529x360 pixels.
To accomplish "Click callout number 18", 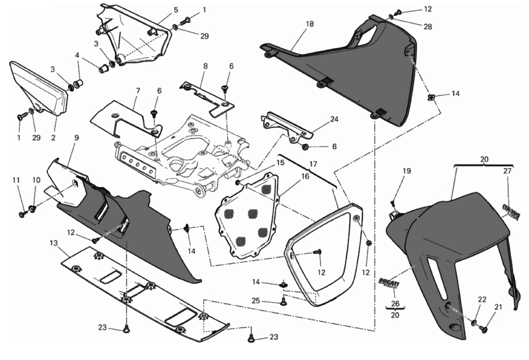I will [310, 24].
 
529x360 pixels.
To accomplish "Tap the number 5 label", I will [163, 9].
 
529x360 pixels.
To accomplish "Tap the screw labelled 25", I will [283, 302].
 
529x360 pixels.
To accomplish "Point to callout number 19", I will [406, 171].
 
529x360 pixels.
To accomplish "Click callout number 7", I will [138, 91].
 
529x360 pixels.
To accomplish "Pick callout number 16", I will [293, 176].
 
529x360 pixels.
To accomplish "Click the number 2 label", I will [53, 137].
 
